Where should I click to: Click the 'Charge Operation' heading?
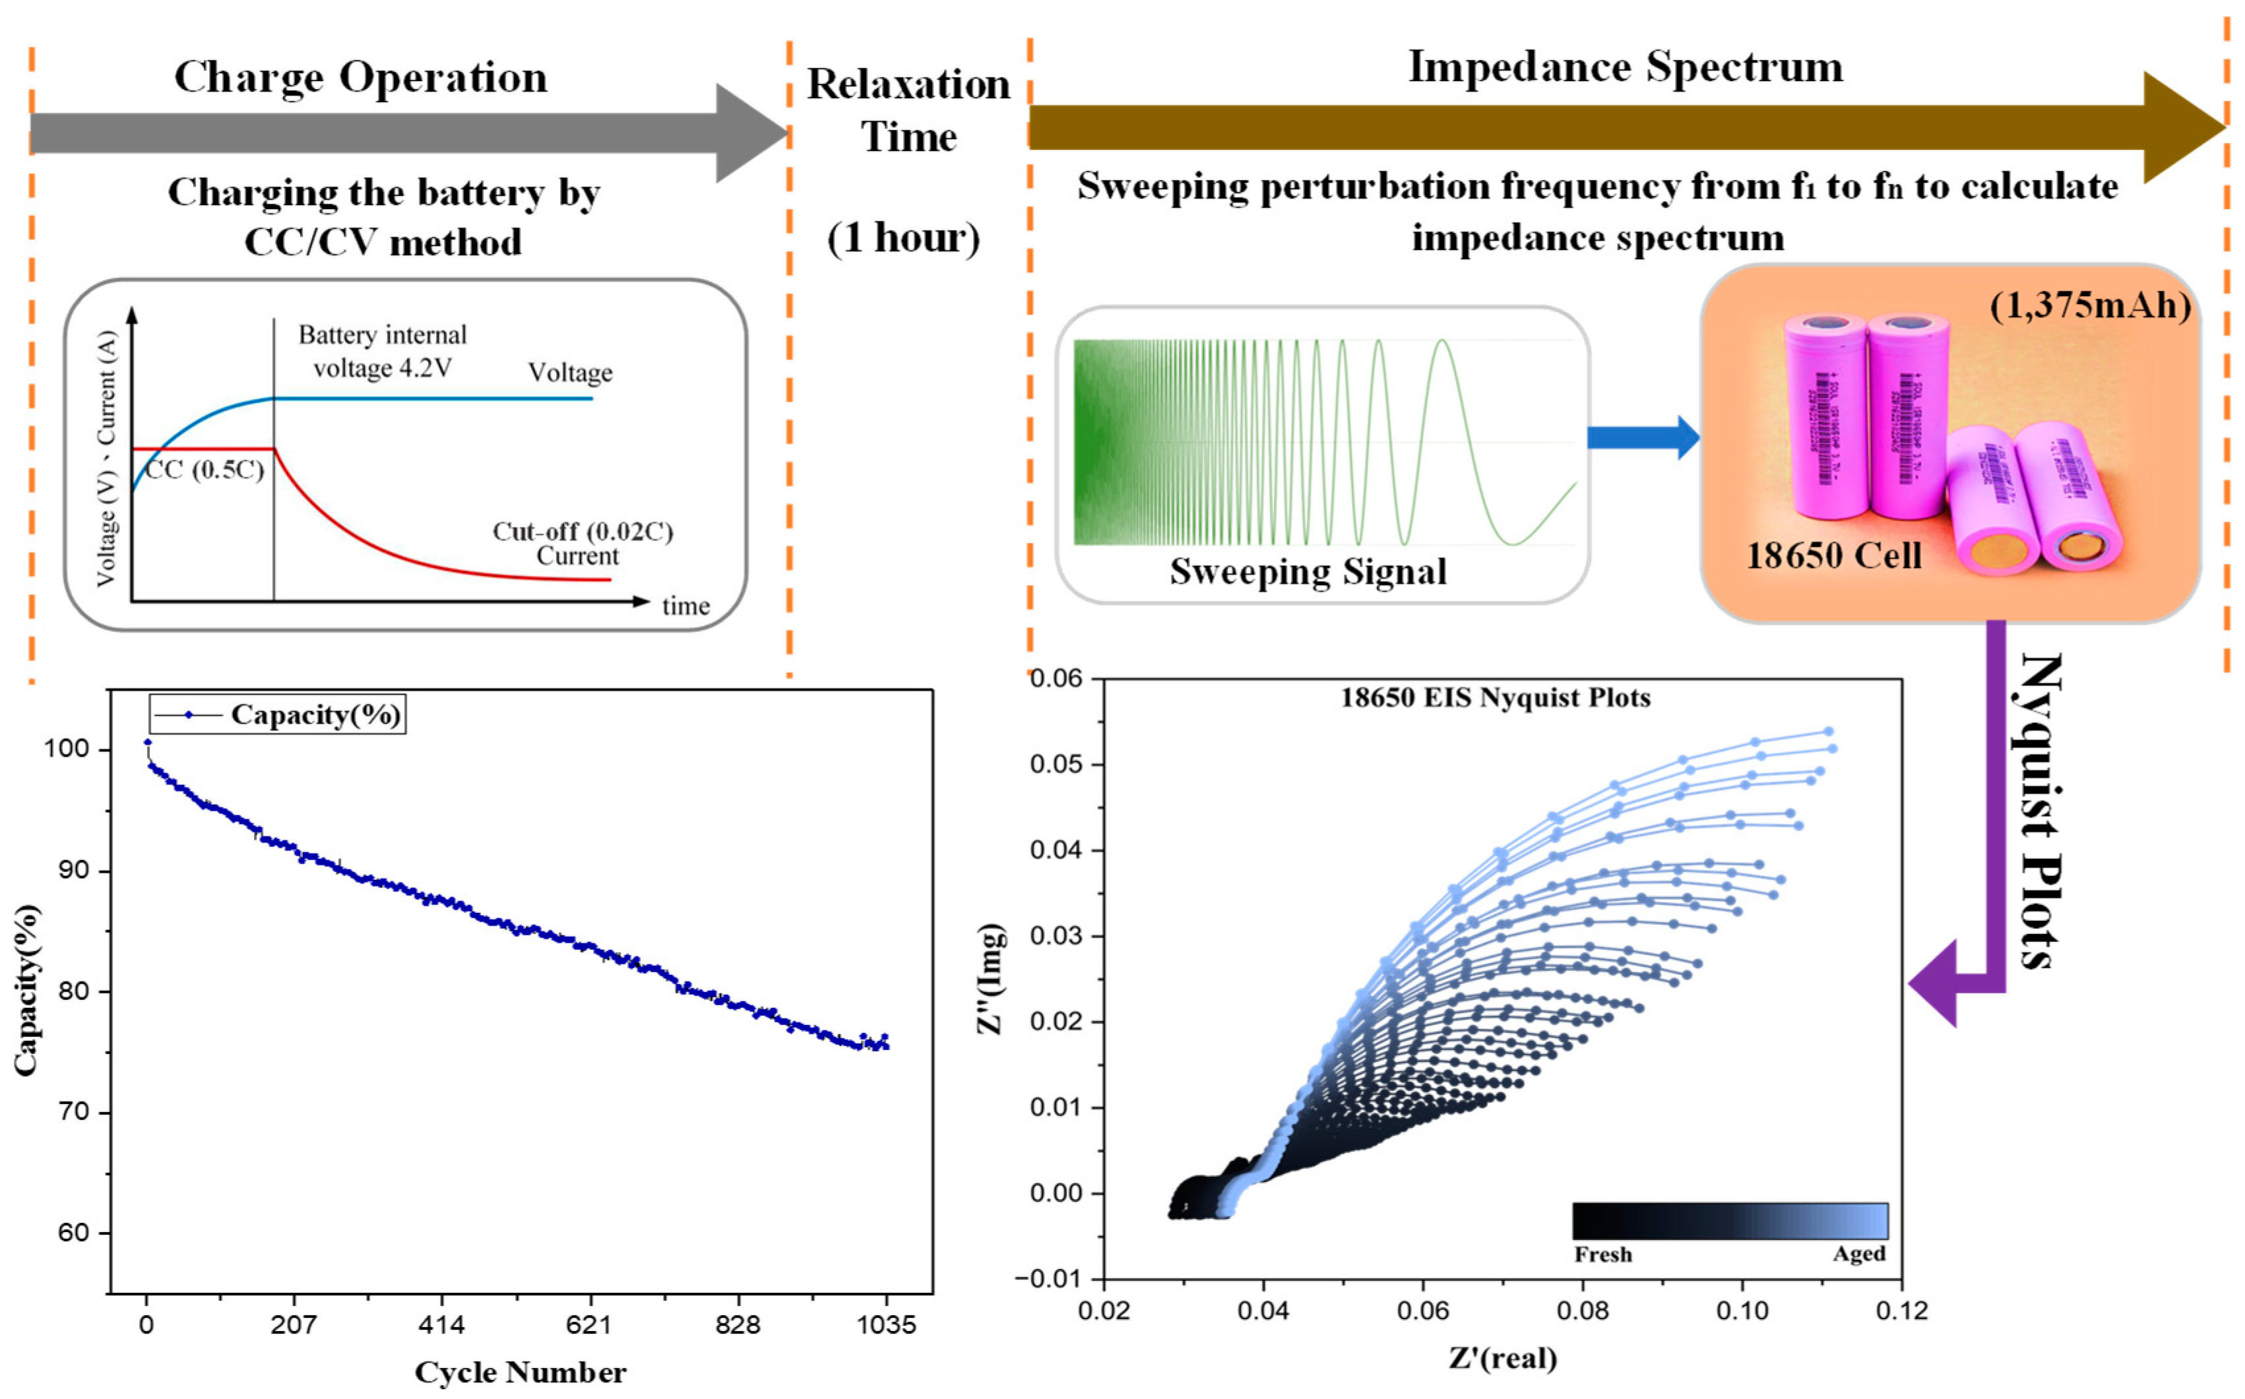click(x=361, y=77)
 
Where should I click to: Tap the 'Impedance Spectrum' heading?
click(x=1625, y=67)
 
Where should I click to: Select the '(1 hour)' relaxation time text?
click(x=903, y=238)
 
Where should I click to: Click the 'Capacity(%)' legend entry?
click(x=315, y=714)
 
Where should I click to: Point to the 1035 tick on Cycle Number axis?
click(x=885, y=1325)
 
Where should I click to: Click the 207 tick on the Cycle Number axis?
click(x=294, y=1325)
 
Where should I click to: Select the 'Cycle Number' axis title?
click(x=520, y=1372)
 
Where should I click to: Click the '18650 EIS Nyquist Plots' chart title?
click(x=1496, y=698)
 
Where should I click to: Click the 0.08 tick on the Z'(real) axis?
click(x=1583, y=1310)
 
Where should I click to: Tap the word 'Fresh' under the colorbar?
click(x=1603, y=1255)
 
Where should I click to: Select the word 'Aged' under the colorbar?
click(x=1858, y=1254)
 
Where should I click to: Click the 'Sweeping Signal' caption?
click(x=1308, y=571)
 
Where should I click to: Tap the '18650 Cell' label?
click(x=1833, y=555)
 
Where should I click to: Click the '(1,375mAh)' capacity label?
click(x=2089, y=305)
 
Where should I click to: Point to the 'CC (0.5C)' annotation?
click(x=205, y=470)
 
